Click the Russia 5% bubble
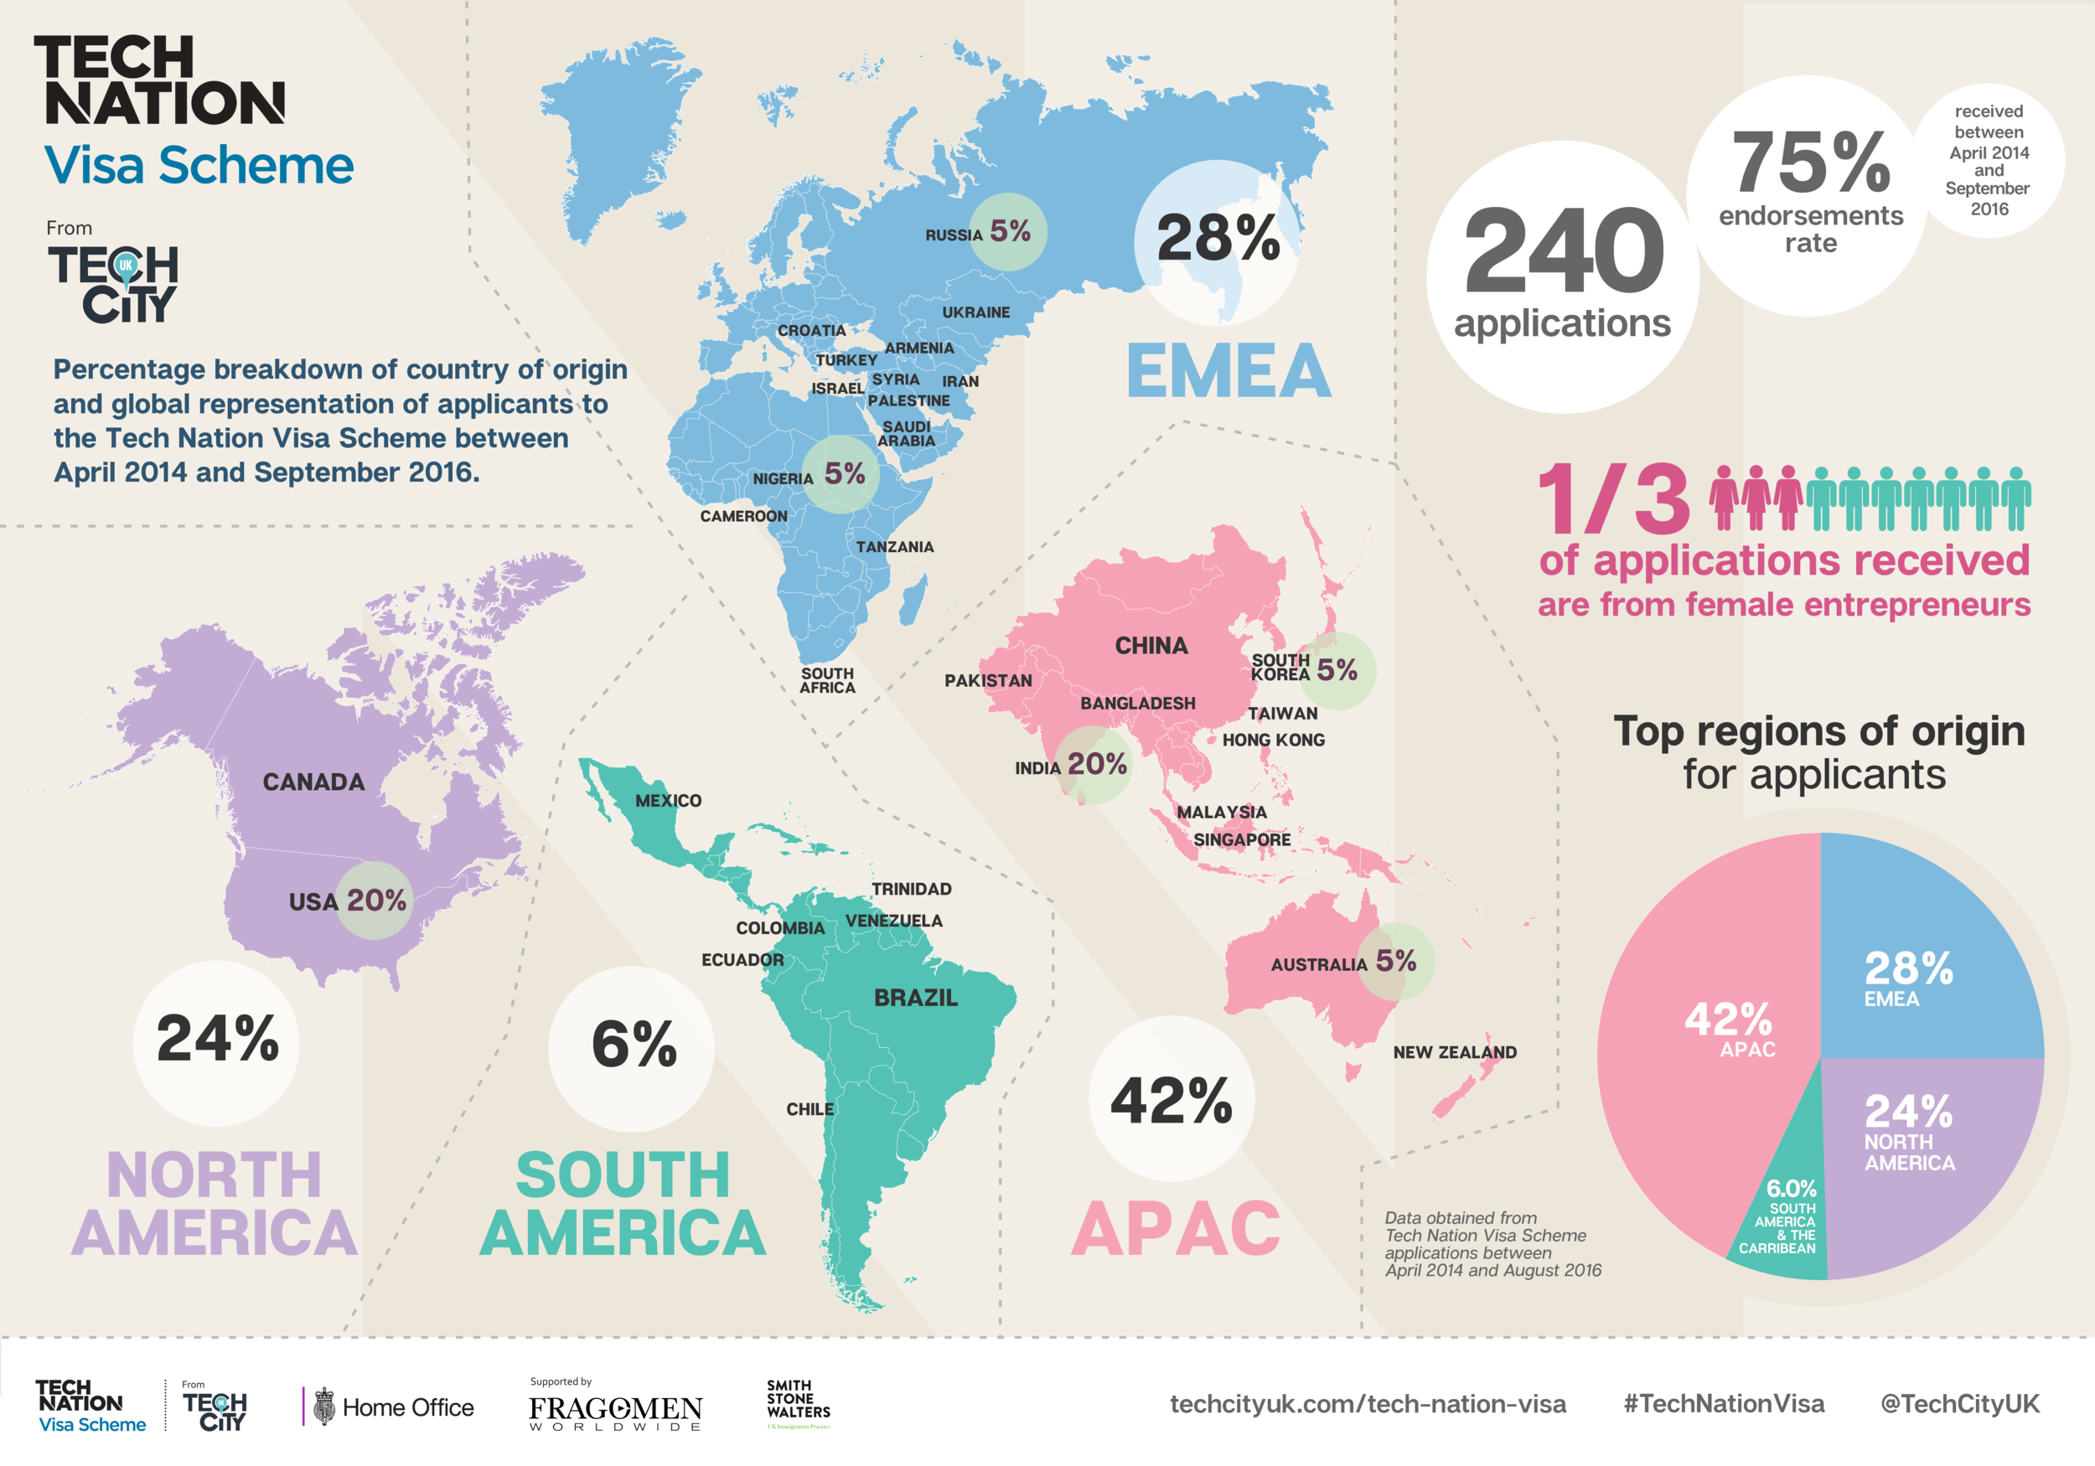[x=1007, y=232]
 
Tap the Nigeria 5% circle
[x=841, y=474]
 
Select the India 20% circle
[x=1094, y=765]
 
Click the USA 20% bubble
[x=374, y=901]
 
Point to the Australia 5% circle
[x=1395, y=962]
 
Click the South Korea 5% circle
[x=1336, y=670]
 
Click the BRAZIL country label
[x=915, y=997]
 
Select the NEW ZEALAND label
[x=1455, y=1052]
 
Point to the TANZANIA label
[x=894, y=546]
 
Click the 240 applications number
[x=1563, y=250]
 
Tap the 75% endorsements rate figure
[x=1810, y=164]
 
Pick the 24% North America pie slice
[x=1917, y=1149]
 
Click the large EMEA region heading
[x=1229, y=371]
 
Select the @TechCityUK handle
[x=1959, y=1403]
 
